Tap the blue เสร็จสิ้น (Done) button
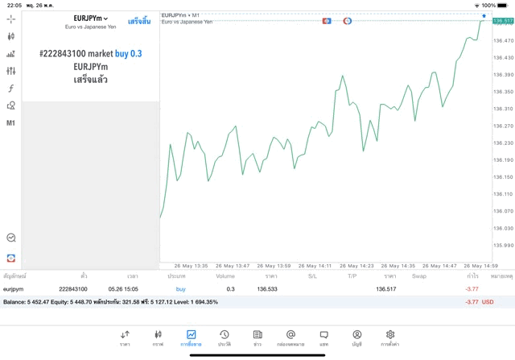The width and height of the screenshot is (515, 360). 139,21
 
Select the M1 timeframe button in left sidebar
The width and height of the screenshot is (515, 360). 10,123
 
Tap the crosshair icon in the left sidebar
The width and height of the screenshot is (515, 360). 10,19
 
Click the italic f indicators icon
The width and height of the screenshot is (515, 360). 10,89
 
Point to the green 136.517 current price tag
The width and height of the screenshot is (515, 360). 503,21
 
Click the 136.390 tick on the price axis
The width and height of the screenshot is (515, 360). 503,75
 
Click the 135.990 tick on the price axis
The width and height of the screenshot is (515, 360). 503,245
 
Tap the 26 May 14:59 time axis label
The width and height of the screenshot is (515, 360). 480,265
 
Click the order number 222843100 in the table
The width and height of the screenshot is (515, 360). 73,288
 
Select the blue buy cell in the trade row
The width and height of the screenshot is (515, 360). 180,288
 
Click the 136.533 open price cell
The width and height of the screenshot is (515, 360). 266,288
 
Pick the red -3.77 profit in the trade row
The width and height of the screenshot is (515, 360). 472,288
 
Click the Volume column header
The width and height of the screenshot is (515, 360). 225,275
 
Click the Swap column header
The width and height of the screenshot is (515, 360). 419,275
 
